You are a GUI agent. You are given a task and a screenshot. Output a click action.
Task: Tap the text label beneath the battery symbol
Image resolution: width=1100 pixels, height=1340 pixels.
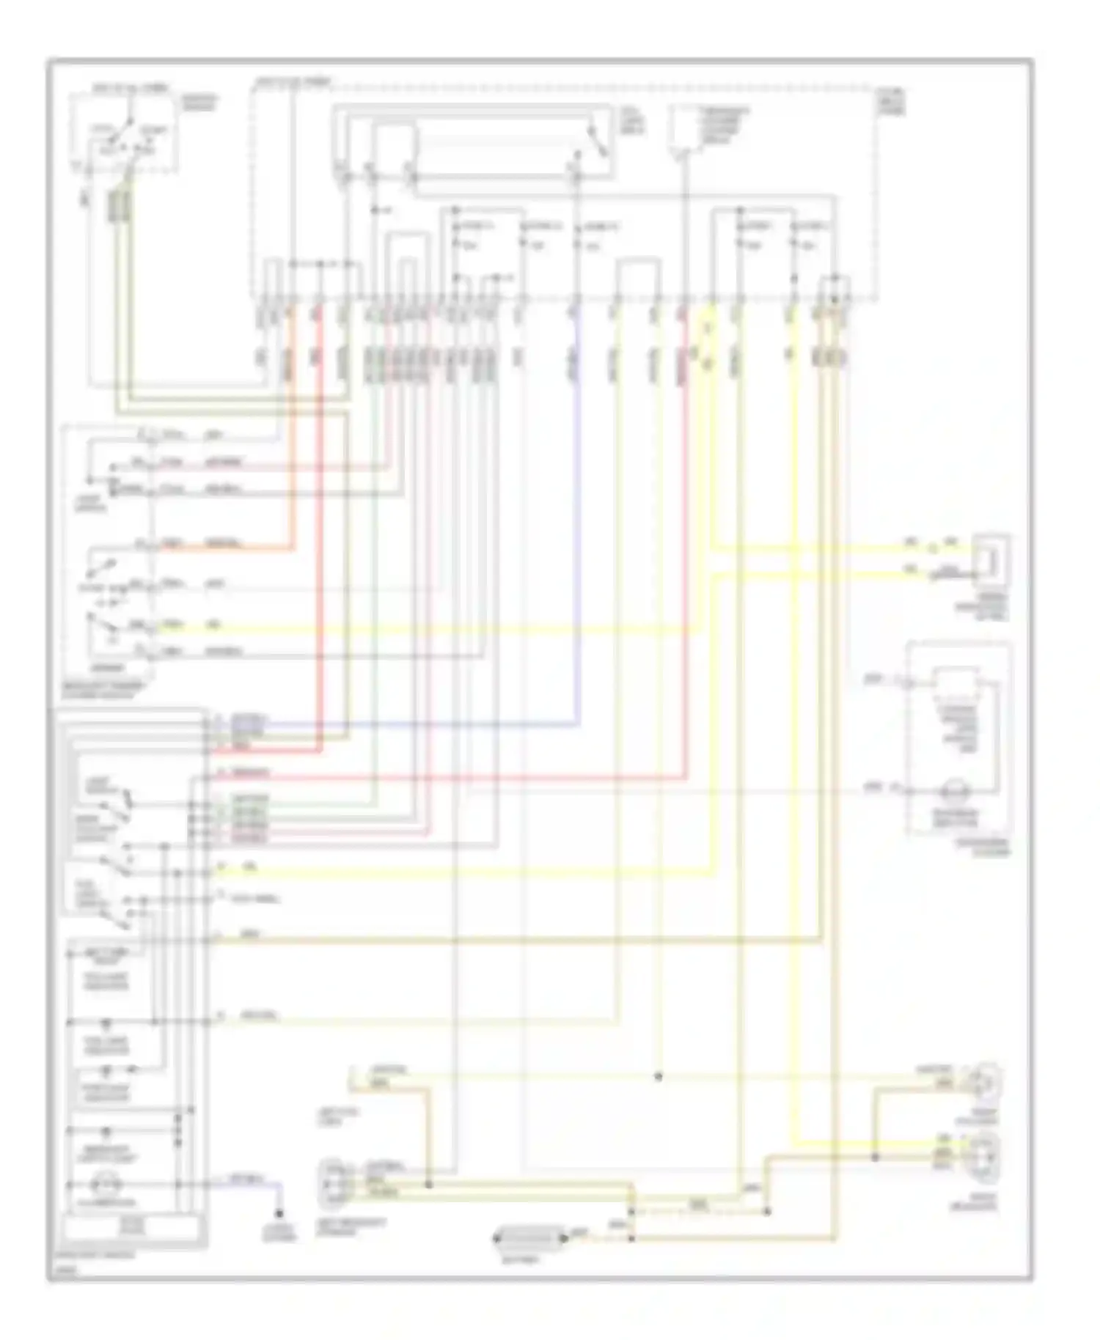(530, 1259)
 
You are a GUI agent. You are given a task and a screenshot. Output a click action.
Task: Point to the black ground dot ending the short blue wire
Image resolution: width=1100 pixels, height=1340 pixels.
(279, 1213)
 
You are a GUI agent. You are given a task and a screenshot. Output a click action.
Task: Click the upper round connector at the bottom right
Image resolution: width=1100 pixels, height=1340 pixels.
(987, 1082)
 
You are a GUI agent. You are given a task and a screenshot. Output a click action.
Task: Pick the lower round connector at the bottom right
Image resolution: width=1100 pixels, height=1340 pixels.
(987, 1157)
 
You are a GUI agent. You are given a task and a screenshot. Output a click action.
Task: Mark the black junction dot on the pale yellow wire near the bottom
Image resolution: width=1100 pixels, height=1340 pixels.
(658, 1077)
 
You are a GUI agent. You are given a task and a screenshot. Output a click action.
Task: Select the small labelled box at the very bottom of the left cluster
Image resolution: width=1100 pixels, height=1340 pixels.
(132, 1225)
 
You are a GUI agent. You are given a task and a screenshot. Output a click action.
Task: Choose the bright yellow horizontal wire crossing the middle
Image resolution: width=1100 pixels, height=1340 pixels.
(440, 629)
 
